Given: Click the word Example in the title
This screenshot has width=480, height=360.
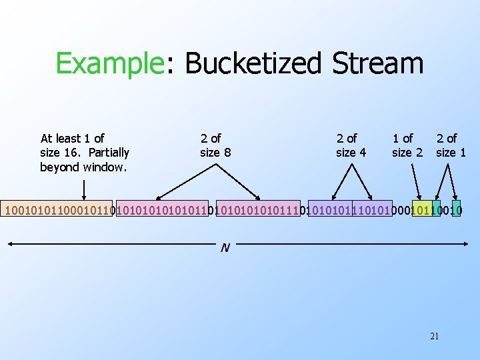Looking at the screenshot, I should pos(110,64).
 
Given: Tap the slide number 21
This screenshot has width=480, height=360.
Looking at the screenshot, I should pos(434,336).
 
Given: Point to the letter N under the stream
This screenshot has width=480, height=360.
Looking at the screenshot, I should pos(225,248).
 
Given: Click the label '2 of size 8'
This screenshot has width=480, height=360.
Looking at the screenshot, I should pos(215,145).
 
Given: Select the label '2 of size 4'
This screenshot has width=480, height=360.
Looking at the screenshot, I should pos(351,145).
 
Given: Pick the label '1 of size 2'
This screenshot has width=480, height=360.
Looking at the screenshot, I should pos(407,145).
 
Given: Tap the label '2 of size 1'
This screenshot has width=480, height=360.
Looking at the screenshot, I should pos(451,145).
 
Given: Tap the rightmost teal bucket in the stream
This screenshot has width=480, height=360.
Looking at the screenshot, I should pos(456,211).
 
